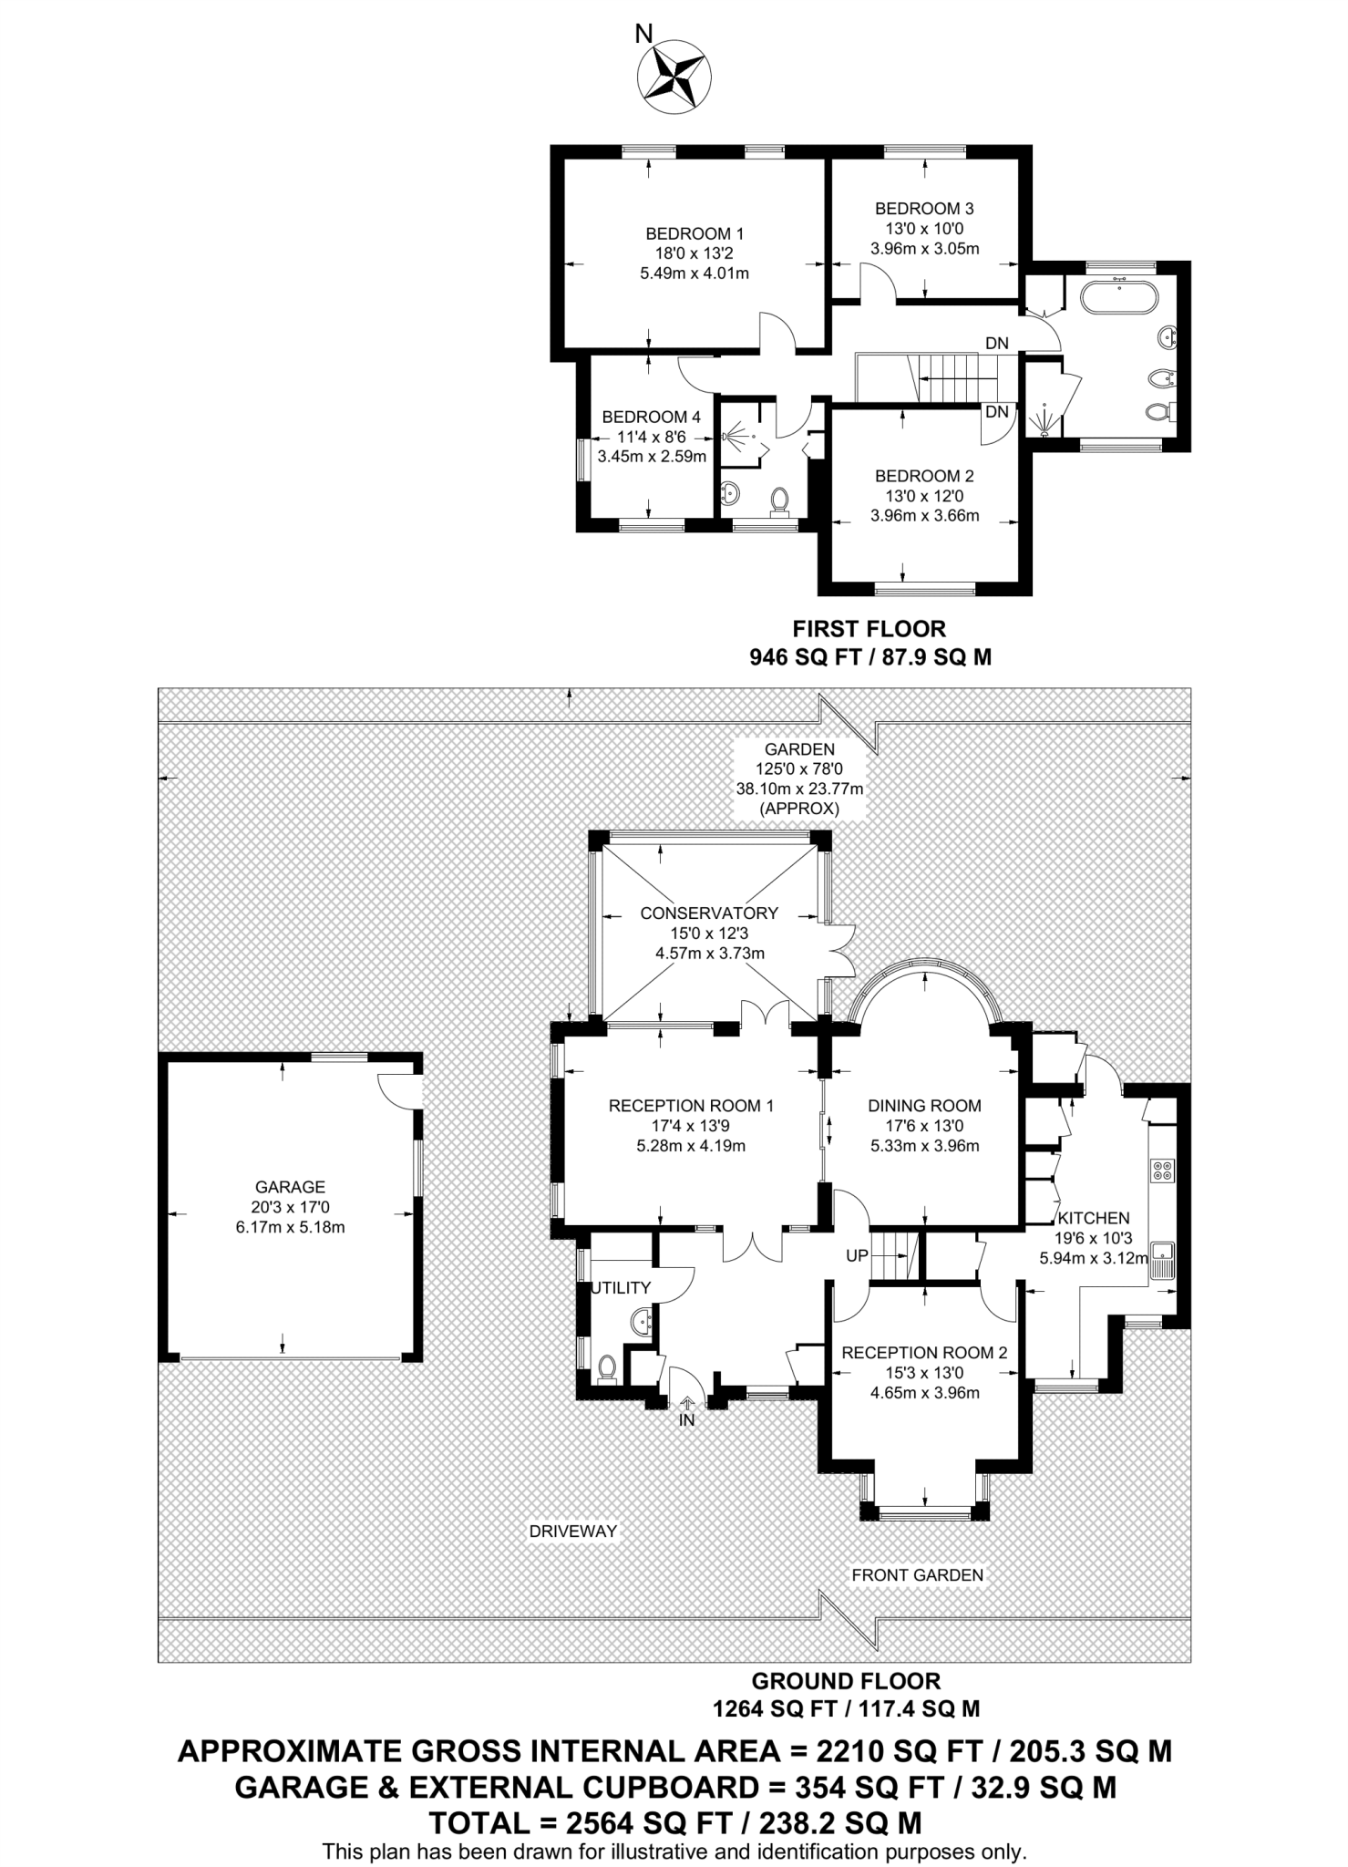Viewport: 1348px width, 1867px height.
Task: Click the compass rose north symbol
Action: (x=676, y=77)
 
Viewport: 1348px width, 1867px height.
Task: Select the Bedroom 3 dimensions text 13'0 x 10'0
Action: (x=924, y=229)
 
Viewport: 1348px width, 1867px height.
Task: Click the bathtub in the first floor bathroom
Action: (x=1118, y=297)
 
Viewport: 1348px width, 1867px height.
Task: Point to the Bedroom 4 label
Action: (x=651, y=418)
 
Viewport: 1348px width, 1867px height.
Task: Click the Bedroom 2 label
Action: (x=924, y=476)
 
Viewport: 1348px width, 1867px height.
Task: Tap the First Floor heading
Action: (x=870, y=629)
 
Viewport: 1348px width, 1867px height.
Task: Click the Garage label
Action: (x=290, y=1187)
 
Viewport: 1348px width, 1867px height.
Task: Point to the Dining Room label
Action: (x=924, y=1106)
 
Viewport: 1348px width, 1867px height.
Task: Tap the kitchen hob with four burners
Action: (x=1163, y=1170)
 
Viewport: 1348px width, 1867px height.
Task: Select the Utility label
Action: (x=622, y=1288)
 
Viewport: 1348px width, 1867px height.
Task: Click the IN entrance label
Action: (x=686, y=1420)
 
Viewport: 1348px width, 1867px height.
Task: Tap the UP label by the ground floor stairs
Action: (x=857, y=1256)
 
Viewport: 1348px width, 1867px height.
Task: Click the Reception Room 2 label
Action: (x=924, y=1353)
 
